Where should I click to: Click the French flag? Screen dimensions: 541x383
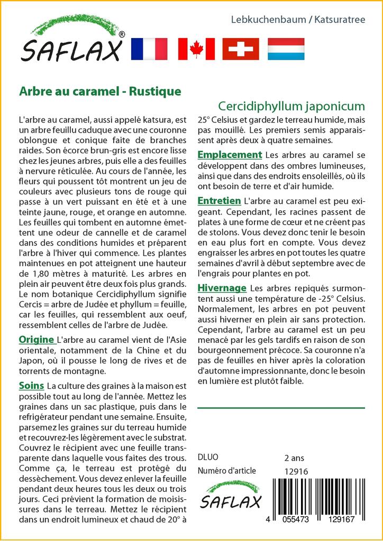pos(148,49)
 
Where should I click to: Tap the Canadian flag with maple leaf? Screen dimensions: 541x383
pos(196,49)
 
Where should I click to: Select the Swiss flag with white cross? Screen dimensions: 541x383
pos(240,49)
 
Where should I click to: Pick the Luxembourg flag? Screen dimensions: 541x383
pos(286,49)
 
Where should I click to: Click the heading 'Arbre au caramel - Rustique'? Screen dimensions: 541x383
pos(100,91)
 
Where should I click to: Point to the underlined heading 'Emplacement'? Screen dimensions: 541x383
pos(230,155)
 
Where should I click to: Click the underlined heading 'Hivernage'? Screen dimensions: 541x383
pos(222,288)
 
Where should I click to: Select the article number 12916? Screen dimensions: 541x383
pos(296,471)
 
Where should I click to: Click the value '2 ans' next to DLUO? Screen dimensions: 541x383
pos(295,458)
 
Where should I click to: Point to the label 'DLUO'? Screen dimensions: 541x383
pos(207,458)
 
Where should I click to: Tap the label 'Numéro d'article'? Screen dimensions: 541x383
pos(226,471)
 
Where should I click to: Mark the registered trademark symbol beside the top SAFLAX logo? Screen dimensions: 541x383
pos(122,34)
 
